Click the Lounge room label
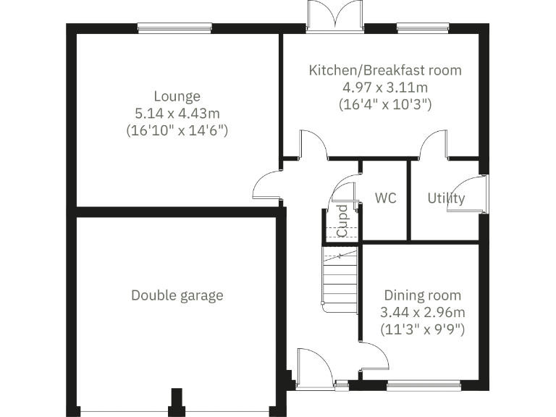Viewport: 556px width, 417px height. (177, 96)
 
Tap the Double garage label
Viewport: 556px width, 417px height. (177, 295)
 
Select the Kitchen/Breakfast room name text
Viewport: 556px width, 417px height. (384, 71)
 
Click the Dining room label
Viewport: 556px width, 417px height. (422, 295)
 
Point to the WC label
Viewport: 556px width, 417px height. (386, 198)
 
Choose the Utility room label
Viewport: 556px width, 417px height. (445, 198)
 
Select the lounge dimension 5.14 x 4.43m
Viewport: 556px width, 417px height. (177, 114)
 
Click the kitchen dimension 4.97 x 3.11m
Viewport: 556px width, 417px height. (384, 88)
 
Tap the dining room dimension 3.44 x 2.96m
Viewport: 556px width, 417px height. (422, 313)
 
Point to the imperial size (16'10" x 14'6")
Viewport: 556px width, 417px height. (177, 131)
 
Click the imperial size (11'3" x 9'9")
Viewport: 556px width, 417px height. (422, 329)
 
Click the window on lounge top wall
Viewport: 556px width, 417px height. (174, 28)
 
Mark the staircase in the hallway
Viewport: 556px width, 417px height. (341, 278)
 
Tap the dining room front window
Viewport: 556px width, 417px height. (424, 384)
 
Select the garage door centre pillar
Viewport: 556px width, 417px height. (175, 400)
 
